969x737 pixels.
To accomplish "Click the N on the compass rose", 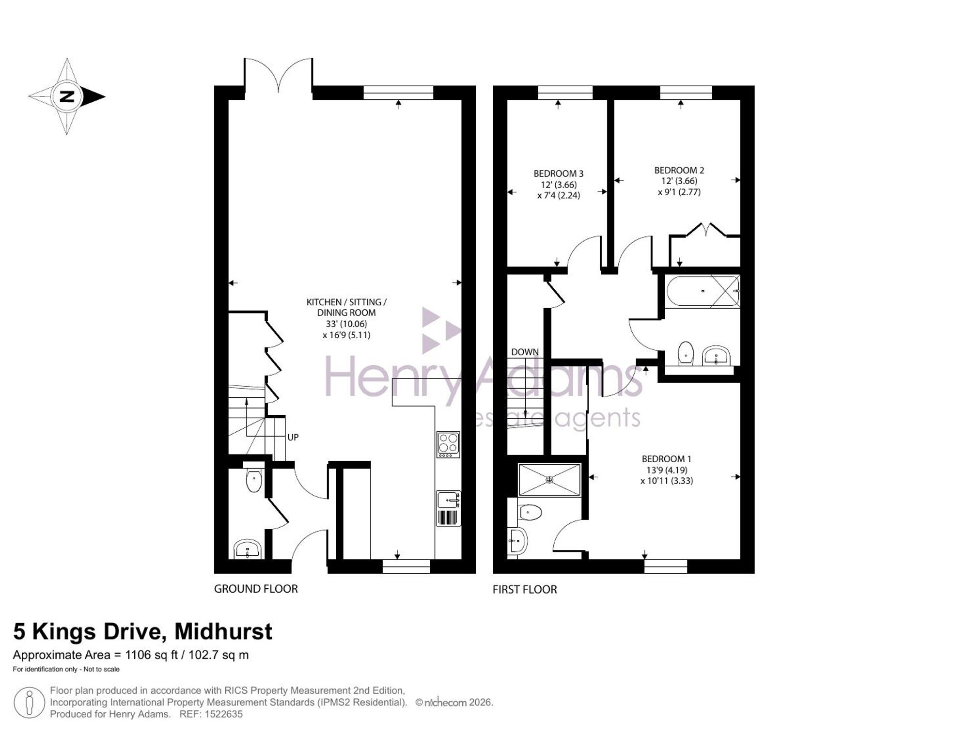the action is coord(67,96).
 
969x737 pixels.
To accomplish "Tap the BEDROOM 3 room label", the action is coord(558,185).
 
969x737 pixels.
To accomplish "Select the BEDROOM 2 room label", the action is coord(679,181).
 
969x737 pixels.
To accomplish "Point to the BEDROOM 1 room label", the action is coord(666,470).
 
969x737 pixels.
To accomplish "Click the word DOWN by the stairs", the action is coord(525,352).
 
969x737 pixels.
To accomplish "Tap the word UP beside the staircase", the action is coord(293,437).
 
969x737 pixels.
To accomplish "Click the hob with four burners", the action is coord(448,445).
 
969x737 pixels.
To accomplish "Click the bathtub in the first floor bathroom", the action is coord(703,291).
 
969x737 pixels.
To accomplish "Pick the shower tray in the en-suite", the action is coord(549,480).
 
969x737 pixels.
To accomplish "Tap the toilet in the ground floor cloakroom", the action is coord(254,477).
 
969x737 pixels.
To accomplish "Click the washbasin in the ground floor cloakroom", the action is coord(248,550).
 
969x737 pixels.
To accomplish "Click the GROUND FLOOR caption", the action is coord(256,589).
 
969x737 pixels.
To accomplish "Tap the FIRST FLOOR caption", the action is coord(525,589).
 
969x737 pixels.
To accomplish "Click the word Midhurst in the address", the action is coord(223,631).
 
